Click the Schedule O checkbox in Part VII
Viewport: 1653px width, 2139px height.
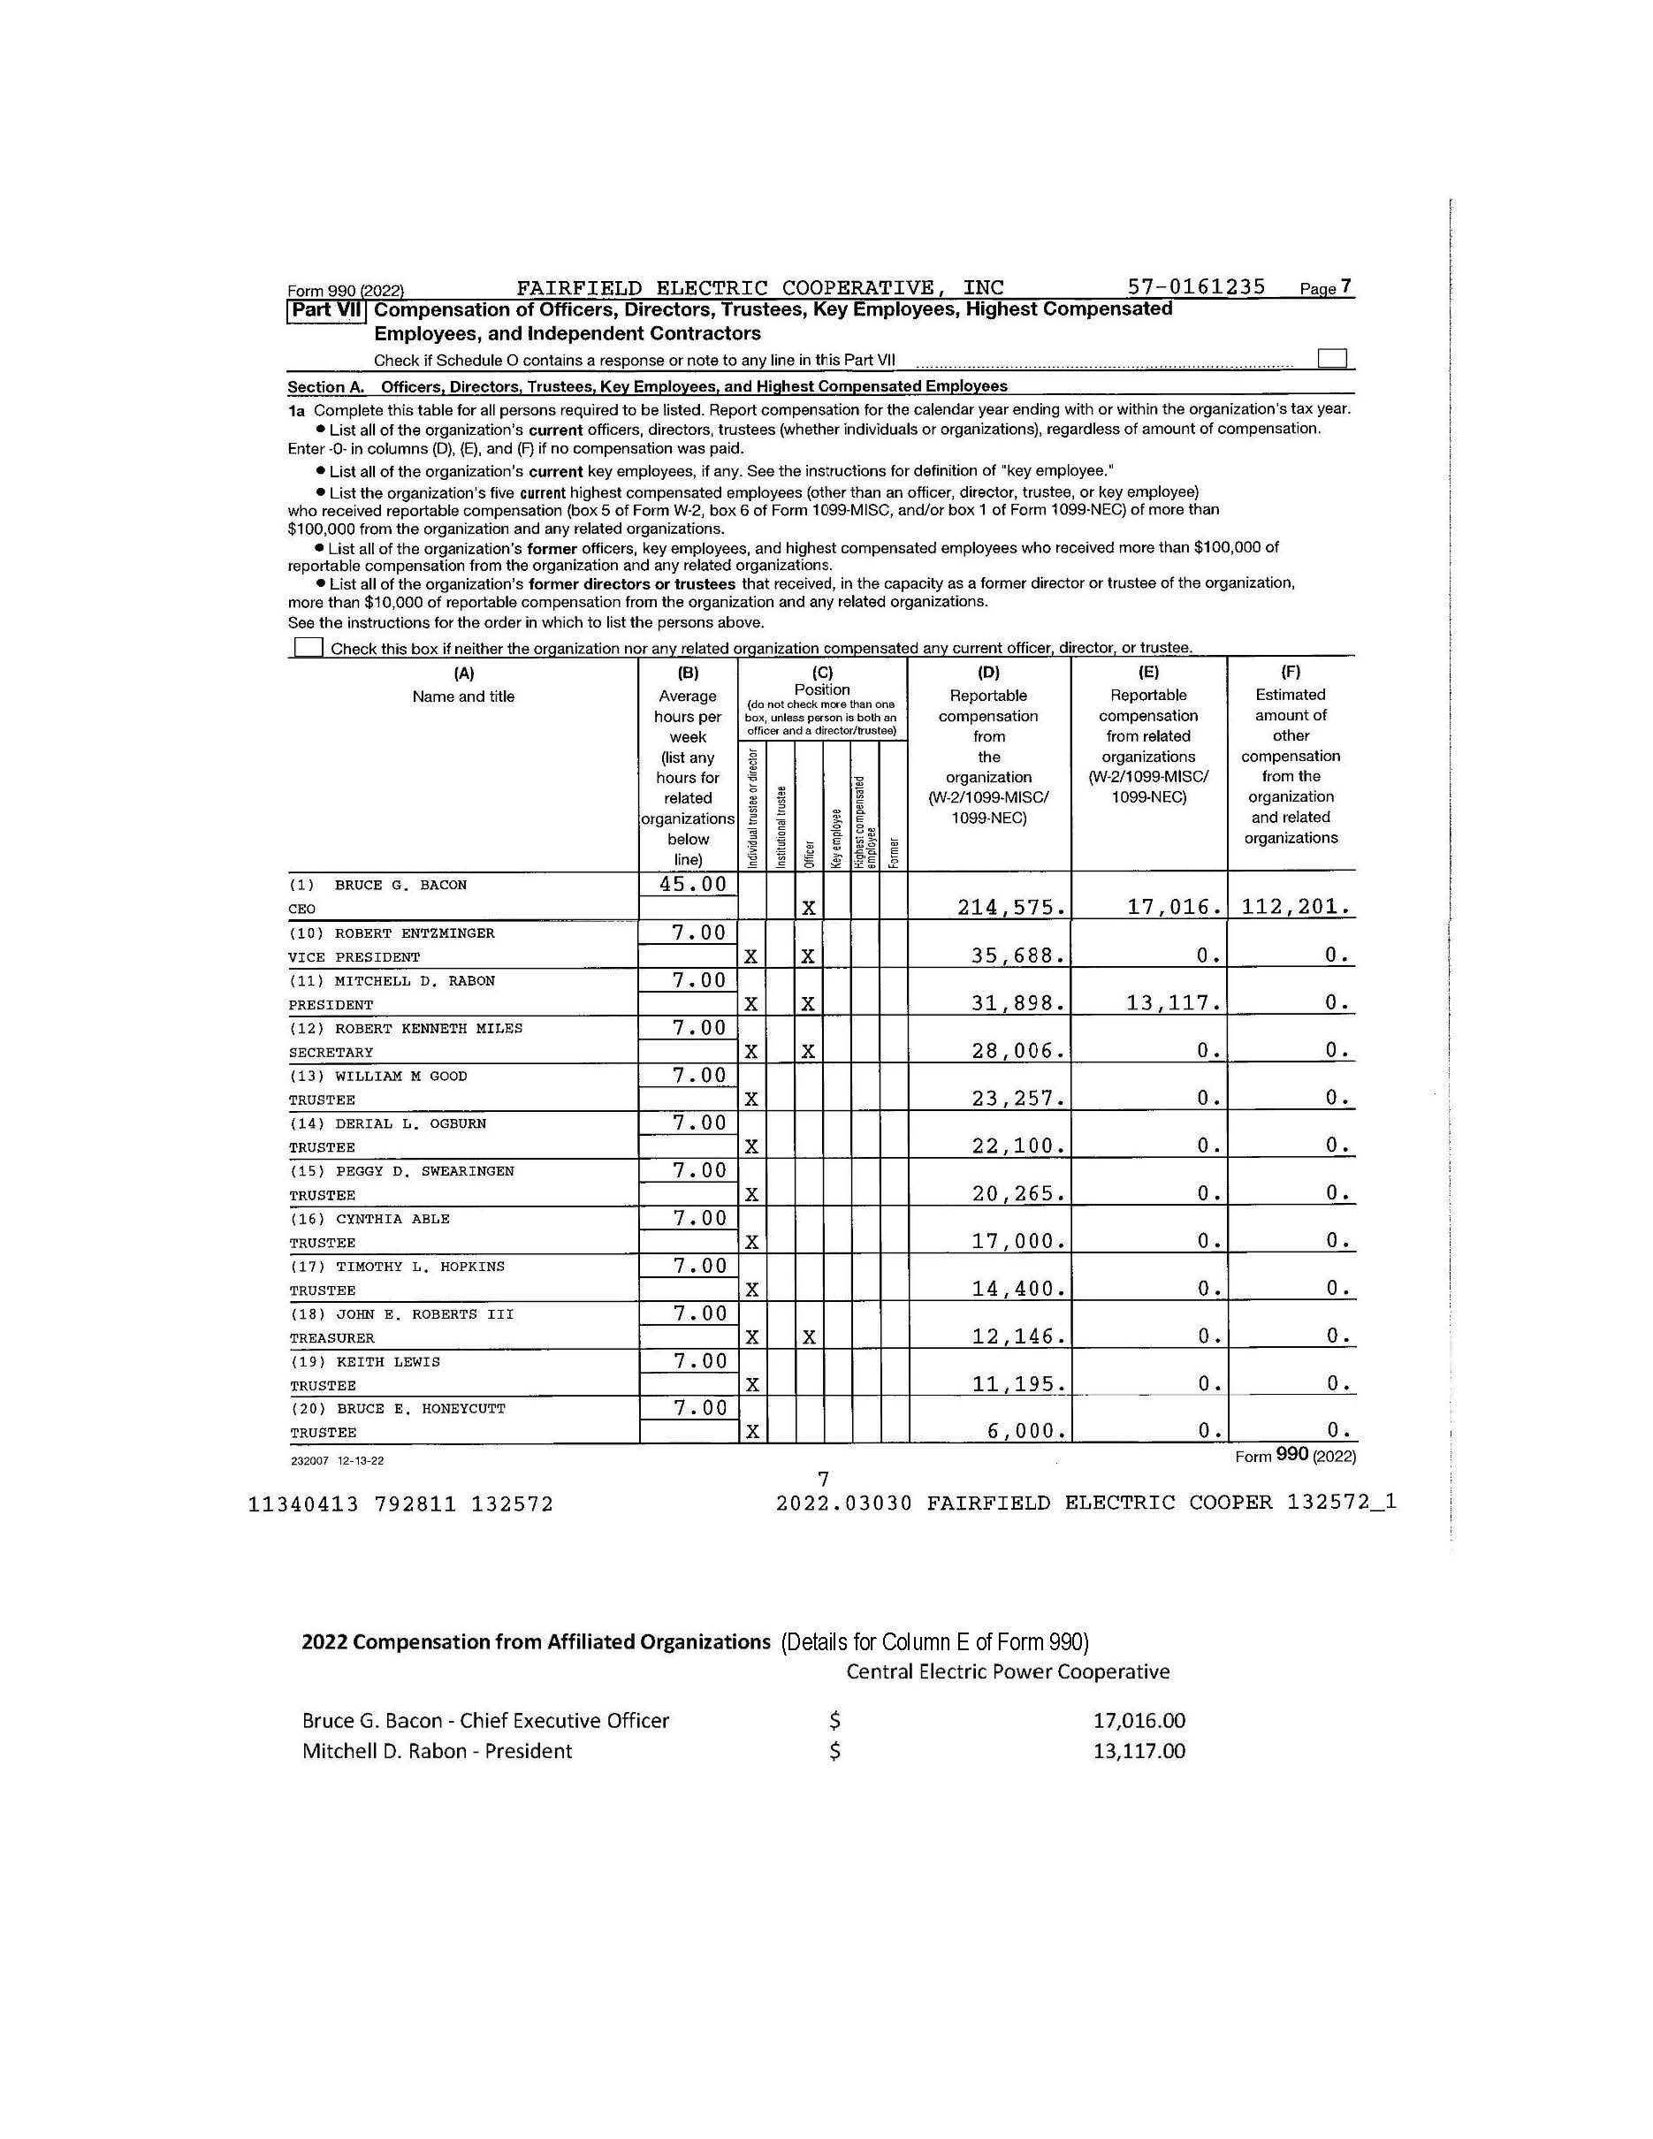coord(1331,359)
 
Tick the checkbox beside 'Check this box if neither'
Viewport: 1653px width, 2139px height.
coord(309,647)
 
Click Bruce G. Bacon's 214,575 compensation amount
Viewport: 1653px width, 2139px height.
coord(1011,908)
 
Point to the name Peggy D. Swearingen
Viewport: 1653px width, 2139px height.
coord(424,1171)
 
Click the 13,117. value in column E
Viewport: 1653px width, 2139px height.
coord(1172,1003)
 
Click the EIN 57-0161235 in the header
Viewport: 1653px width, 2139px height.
coord(1197,287)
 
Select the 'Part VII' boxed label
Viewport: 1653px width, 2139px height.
coord(326,310)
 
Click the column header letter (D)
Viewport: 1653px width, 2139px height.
coord(989,673)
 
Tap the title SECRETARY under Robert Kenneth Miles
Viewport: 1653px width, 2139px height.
coord(331,1053)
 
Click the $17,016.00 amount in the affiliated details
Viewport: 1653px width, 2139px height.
coord(1139,1721)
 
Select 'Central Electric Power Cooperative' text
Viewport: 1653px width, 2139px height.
coord(1008,1671)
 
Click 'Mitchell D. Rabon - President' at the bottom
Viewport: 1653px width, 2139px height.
coord(437,1751)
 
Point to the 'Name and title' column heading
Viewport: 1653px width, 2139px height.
coord(463,697)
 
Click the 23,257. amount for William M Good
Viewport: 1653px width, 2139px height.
coord(1017,1099)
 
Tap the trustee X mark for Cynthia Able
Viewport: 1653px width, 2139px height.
coord(751,1243)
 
